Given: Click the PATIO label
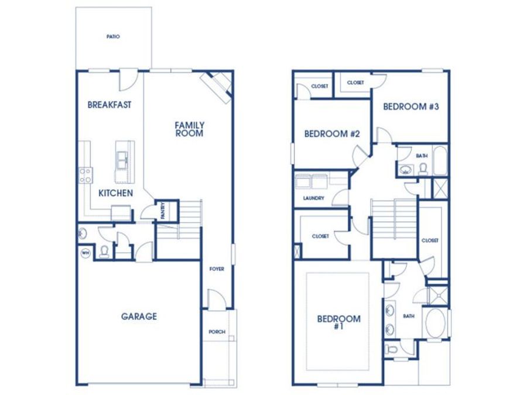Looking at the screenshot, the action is (113, 37).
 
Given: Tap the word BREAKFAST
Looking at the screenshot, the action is (109, 105).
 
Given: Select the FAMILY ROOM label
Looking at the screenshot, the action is (190, 129).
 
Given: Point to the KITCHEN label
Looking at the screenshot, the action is (115, 193).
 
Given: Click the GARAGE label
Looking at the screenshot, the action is (139, 317).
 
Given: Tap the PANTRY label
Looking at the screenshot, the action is (163, 211).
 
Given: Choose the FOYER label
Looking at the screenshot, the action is (217, 269).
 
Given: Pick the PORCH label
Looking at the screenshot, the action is (217, 332).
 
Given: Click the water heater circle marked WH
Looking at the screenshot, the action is (85, 253).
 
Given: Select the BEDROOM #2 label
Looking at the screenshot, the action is (332, 134).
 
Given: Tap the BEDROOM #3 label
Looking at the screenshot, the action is (411, 107).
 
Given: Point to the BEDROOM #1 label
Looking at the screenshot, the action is (339, 322).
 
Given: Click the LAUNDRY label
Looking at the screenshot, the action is (314, 198).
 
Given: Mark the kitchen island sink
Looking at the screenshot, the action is (122, 160).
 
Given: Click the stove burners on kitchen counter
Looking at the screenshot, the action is (85, 176).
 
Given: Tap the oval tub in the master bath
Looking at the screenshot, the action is (435, 323).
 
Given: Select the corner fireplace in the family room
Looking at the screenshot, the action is (217, 86).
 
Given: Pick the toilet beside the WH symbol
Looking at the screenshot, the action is (104, 252).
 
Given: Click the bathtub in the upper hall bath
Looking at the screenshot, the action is (440, 160).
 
